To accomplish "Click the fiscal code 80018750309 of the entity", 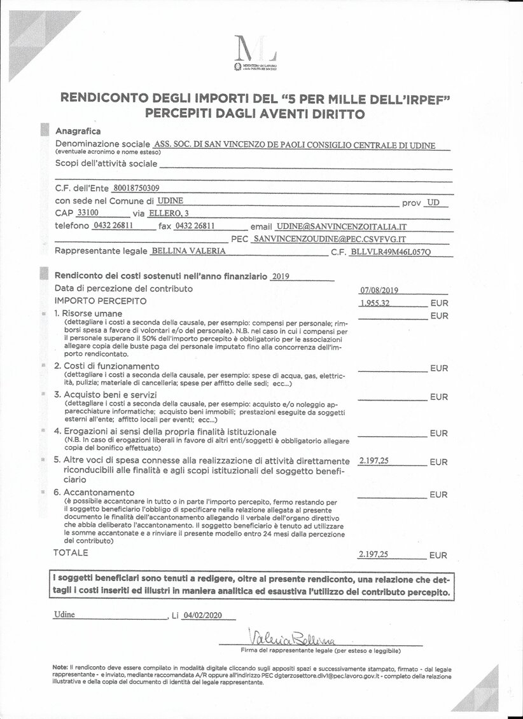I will [x=136, y=188].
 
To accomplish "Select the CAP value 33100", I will [x=87, y=213].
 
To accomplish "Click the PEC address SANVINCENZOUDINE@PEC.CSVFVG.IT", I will [x=329, y=239].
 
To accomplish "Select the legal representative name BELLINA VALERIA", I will [x=188, y=251].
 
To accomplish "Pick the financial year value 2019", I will [x=280, y=276].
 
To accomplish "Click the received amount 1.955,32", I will [x=375, y=303].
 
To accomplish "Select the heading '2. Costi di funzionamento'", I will [x=106, y=366].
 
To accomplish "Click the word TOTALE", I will [x=71, y=553].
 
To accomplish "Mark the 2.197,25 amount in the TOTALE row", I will [x=373, y=554].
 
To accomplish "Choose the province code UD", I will [x=433, y=202].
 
